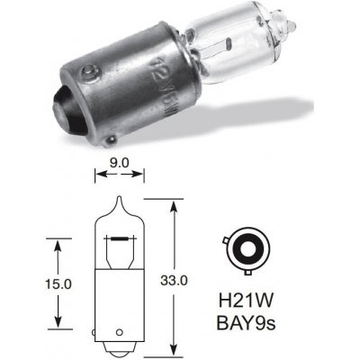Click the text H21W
tap(249, 296)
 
